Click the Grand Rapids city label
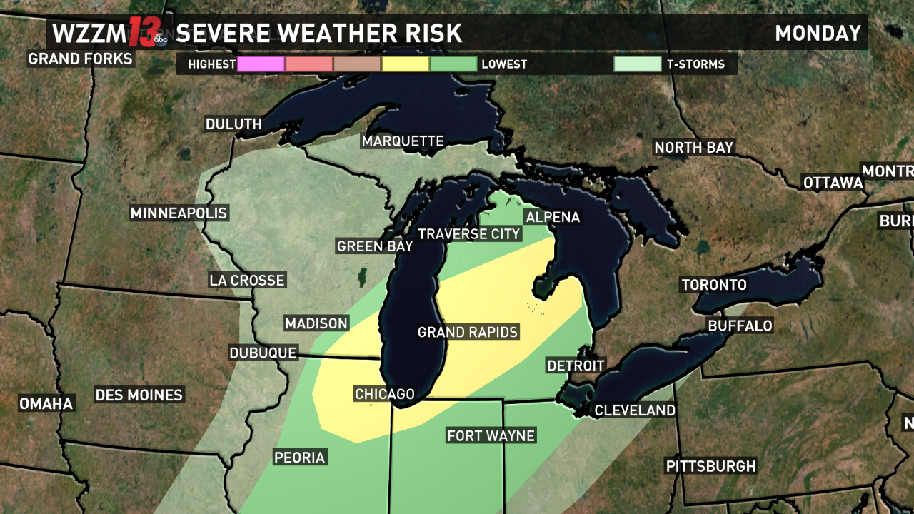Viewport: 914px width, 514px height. tap(468, 333)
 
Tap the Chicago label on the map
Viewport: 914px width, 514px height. tap(384, 394)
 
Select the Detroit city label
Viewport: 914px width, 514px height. tap(576, 366)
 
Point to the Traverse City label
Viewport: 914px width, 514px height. tap(469, 234)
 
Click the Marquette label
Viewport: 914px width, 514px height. tap(403, 141)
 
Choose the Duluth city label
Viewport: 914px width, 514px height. tap(233, 124)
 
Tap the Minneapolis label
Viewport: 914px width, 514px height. tap(179, 213)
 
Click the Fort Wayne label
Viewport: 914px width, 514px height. tap(491, 435)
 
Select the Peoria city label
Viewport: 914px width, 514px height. tap(300, 458)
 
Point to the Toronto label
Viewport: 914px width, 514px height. tap(714, 285)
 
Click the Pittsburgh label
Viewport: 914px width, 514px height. tap(710, 466)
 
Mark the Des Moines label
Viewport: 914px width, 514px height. tap(139, 395)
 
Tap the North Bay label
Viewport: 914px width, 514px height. tap(694, 148)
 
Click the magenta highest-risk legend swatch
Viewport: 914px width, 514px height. tap(261, 64)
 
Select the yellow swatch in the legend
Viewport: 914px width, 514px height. tap(406, 64)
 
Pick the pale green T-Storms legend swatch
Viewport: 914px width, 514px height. tap(638, 64)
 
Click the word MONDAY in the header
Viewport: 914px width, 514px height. tap(818, 34)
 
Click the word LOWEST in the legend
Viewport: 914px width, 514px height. tap(504, 64)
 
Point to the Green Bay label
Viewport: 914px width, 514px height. tap(375, 246)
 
